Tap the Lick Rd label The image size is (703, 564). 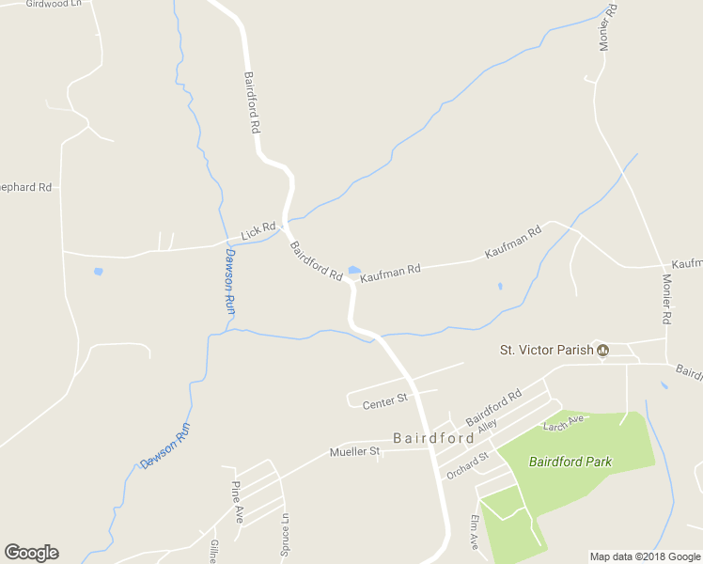pyautogui.click(x=258, y=230)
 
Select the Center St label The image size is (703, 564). pyautogui.click(x=383, y=402)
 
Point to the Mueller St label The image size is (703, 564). pyautogui.click(x=353, y=452)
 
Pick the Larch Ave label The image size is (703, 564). pyautogui.click(x=564, y=423)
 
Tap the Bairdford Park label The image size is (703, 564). pyautogui.click(x=570, y=462)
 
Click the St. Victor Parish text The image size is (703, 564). pyautogui.click(x=546, y=351)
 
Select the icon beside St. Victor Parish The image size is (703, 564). pyautogui.click(x=603, y=351)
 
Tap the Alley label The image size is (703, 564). pyautogui.click(x=486, y=426)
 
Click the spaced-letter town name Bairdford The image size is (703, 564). pyautogui.click(x=433, y=438)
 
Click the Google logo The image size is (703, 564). pyautogui.click(x=32, y=553)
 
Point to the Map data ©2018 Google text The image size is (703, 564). pyautogui.click(x=645, y=556)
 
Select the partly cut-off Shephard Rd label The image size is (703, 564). pyautogui.click(x=26, y=187)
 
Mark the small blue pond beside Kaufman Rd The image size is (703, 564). pyautogui.click(x=354, y=271)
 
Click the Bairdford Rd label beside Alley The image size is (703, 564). pyautogui.click(x=493, y=406)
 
